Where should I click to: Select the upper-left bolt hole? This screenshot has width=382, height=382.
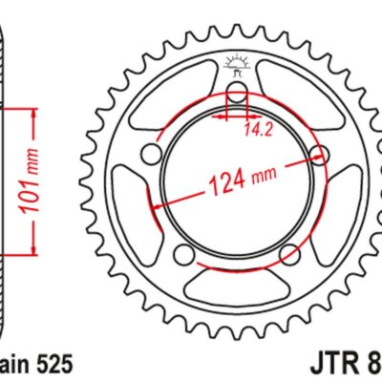coord(149,154)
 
